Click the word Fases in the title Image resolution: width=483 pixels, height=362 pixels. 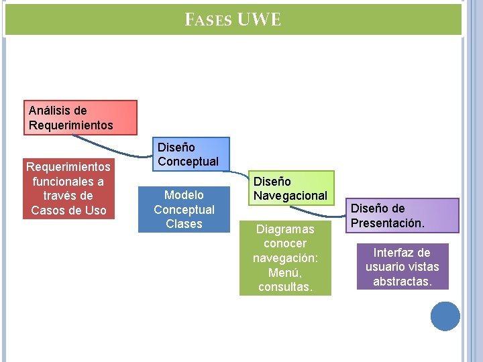209,21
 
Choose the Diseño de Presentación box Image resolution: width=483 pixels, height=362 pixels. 404,215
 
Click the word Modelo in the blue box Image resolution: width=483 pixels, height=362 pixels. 184,195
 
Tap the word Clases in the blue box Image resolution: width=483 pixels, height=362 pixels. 184,224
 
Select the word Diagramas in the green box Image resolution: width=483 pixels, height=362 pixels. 285,229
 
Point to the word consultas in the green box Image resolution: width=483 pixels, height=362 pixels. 284,287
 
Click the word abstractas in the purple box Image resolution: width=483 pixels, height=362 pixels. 402,282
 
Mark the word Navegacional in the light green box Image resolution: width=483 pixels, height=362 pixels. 291,196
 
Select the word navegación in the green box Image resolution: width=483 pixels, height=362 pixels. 284,258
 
